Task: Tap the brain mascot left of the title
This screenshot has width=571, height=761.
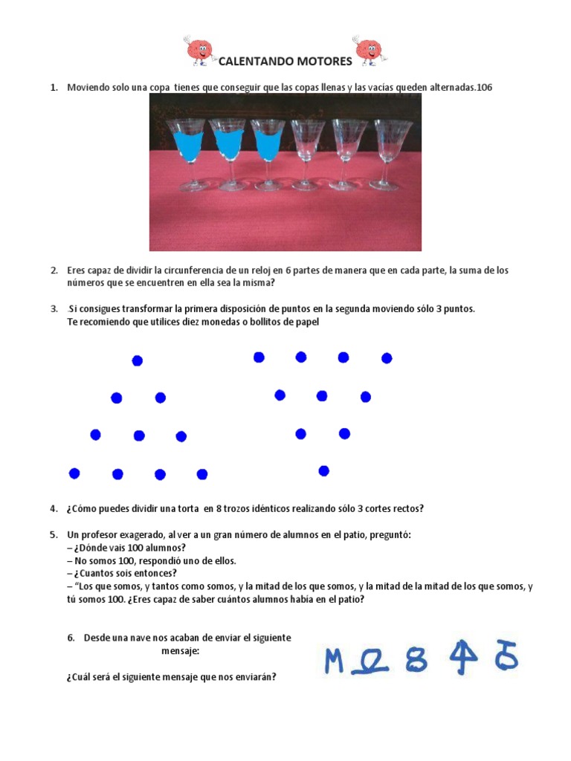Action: click(x=199, y=51)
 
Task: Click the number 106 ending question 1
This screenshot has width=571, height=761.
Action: click(x=484, y=88)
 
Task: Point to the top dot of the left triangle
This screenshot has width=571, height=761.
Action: click(x=137, y=361)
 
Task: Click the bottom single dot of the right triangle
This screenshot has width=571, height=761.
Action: click(x=323, y=470)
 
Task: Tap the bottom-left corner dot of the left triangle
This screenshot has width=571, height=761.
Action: click(x=74, y=473)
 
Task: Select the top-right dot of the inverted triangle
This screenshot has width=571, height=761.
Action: click(x=387, y=358)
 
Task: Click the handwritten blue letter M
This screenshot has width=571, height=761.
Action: click(x=335, y=660)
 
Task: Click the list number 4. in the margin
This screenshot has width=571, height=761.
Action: click(x=54, y=509)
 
